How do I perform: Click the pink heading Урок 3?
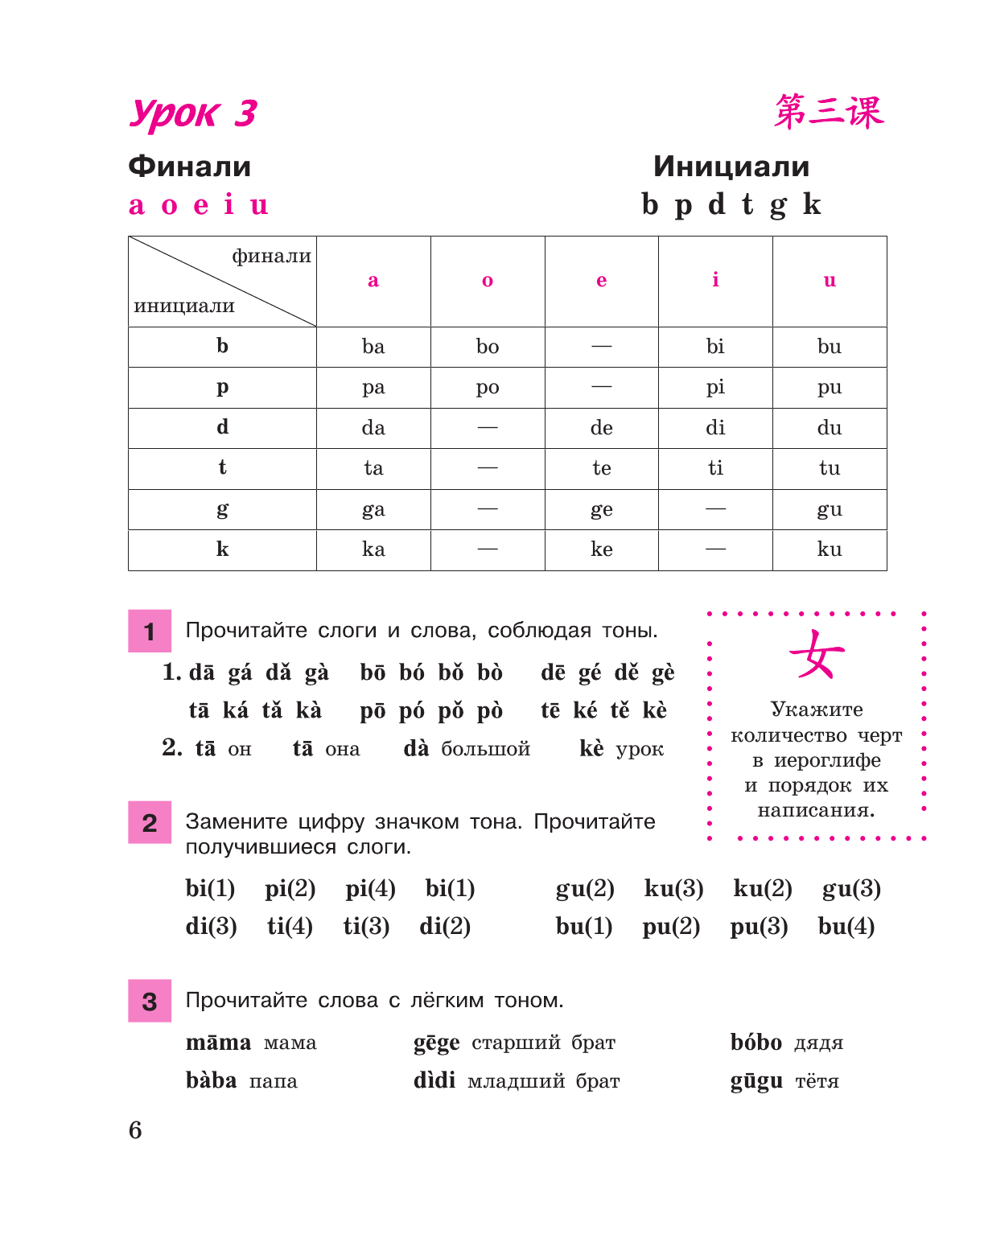point(193,113)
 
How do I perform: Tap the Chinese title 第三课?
point(829,112)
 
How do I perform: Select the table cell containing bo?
point(488,347)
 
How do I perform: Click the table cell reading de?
point(601,428)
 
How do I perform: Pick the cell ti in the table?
point(715,468)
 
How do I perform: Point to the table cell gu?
point(830,509)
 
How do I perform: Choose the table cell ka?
point(373,549)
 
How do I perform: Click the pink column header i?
point(715,280)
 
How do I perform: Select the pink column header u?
point(830,280)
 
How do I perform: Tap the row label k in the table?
point(222,549)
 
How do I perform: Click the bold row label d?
point(222,427)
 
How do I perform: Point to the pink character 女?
point(817,655)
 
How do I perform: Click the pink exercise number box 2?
point(150,822)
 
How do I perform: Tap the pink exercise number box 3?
point(150,1001)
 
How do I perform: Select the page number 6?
point(135,1130)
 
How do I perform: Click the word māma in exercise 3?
point(218,1043)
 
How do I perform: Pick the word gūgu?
point(756,1081)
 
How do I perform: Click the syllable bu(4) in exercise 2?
point(846,927)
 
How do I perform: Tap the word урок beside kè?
point(640,750)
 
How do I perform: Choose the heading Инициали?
point(731,167)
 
